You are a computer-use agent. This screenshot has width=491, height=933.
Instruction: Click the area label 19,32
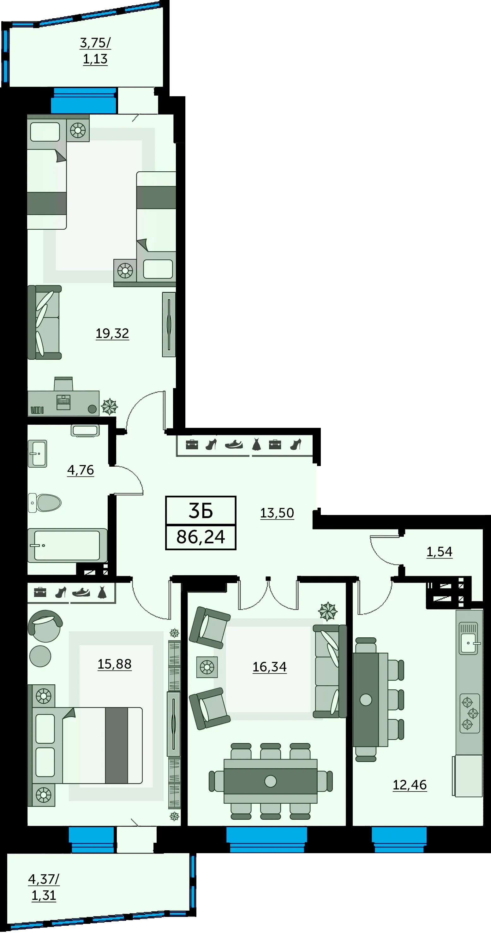pos(112,334)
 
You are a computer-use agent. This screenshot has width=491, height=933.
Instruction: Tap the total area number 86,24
pos(201,537)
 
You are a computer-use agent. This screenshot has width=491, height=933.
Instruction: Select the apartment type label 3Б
pos(201,511)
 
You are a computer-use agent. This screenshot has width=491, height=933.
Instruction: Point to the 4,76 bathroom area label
pos(81,470)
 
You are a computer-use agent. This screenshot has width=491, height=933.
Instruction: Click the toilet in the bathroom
pos(45,503)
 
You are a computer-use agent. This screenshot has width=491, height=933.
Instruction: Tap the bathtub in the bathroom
pos(67,545)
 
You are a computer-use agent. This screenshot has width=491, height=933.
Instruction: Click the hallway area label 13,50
pos(277,513)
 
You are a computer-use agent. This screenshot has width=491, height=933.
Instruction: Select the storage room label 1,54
pos(440,552)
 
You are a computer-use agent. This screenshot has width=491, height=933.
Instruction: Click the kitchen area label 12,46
pos(410,785)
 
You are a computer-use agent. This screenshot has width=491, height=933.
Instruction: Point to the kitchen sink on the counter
pos(469,638)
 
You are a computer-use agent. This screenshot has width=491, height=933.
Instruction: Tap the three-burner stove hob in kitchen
pos(470,713)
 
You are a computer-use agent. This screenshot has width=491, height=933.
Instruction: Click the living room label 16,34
pos(270,667)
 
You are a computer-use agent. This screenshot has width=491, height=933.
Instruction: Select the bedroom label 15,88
pos(115,664)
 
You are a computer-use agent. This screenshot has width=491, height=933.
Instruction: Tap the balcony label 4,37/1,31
pos(44,887)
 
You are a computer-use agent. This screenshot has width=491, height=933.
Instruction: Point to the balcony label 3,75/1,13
pos(95,51)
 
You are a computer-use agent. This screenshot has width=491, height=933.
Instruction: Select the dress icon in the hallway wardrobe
pos(256,444)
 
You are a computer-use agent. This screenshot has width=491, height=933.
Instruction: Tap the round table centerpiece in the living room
pos(270,781)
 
